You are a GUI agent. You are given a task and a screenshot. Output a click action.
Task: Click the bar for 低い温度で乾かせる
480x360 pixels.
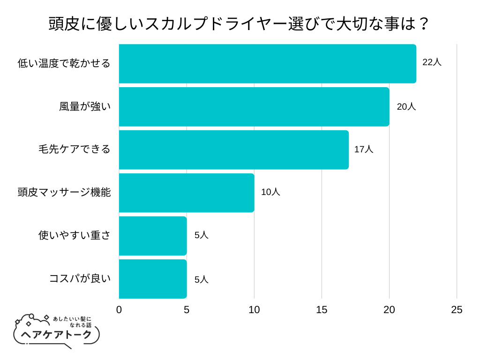[267, 64]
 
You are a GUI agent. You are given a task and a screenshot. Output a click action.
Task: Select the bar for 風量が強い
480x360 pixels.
[254, 107]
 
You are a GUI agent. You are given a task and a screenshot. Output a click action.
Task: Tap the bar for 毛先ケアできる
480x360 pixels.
[233, 150]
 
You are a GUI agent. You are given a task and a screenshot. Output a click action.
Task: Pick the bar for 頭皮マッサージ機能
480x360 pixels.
[186, 193]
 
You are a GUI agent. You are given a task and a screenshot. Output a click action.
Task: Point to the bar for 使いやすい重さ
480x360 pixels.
[153, 236]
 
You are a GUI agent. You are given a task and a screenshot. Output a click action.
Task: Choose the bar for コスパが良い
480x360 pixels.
[153, 279]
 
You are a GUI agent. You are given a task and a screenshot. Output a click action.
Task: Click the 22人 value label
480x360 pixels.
[432, 62]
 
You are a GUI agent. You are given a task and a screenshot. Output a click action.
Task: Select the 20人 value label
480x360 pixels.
[406, 106]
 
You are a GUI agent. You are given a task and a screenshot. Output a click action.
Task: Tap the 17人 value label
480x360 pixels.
[364, 150]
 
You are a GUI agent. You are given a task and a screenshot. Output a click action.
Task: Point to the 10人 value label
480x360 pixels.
[270, 192]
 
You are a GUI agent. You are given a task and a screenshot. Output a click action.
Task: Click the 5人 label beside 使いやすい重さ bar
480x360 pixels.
[202, 235]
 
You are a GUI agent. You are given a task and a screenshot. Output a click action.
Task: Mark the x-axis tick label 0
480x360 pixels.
[119, 310]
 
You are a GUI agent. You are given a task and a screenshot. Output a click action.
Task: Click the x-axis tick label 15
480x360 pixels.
[322, 310]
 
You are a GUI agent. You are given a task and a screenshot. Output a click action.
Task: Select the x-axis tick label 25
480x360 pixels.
[457, 310]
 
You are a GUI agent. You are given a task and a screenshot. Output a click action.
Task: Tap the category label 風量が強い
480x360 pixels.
[85, 106]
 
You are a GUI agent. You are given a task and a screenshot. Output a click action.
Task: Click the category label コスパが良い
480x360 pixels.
[80, 278]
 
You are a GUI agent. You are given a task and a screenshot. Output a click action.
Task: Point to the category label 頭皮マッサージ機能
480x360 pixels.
[64, 192]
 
